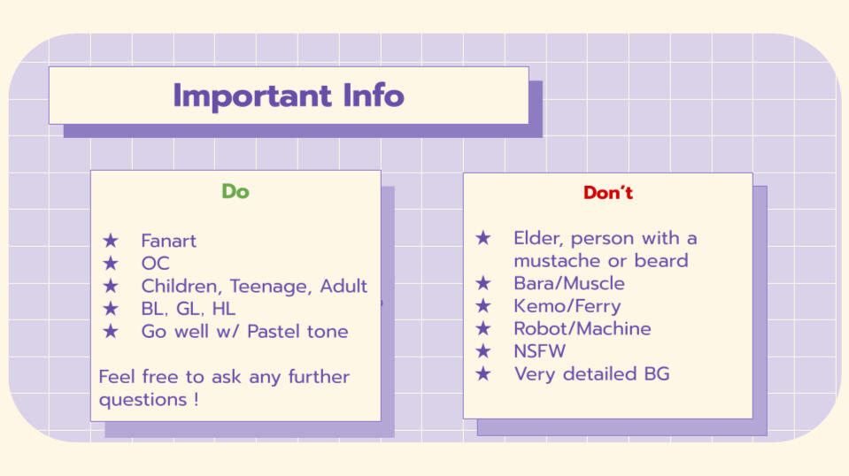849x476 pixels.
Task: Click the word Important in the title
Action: [251, 96]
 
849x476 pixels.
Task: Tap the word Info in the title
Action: [374, 96]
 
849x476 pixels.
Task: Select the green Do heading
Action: [235, 191]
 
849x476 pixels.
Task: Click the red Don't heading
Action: [608, 193]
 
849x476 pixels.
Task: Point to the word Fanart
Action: [168, 241]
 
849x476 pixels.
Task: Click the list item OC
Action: [156, 264]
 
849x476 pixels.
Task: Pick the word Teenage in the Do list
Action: [270, 287]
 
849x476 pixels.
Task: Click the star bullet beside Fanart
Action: [111, 240]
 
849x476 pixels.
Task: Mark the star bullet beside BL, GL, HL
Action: [111, 308]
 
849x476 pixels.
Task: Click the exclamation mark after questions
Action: [196, 399]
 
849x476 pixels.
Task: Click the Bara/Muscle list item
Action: [569, 283]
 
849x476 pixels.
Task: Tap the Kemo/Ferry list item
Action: [567, 307]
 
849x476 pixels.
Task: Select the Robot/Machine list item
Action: [582, 329]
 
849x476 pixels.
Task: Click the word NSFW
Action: [539, 351]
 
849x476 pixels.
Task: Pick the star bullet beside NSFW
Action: [483, 351]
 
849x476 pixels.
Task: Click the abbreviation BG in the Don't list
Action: [657, 374]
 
